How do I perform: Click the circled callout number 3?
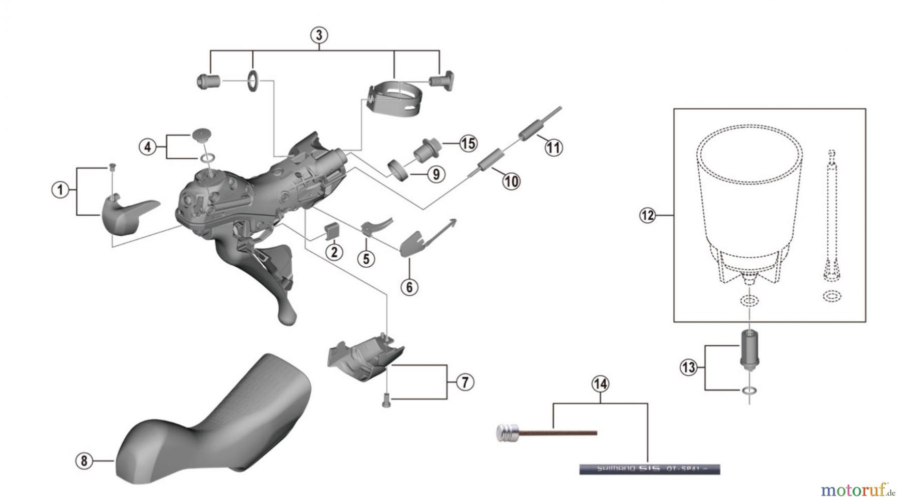(x=319, y=36)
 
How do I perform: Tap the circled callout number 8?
(x=84, y=460)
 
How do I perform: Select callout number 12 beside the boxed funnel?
(x=647, y=216)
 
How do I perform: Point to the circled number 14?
(x=600, y=384)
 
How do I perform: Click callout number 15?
(x=468, y=144)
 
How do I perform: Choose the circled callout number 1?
(x=61, y=190)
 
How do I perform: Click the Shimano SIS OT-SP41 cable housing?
(x=649, y=469)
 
